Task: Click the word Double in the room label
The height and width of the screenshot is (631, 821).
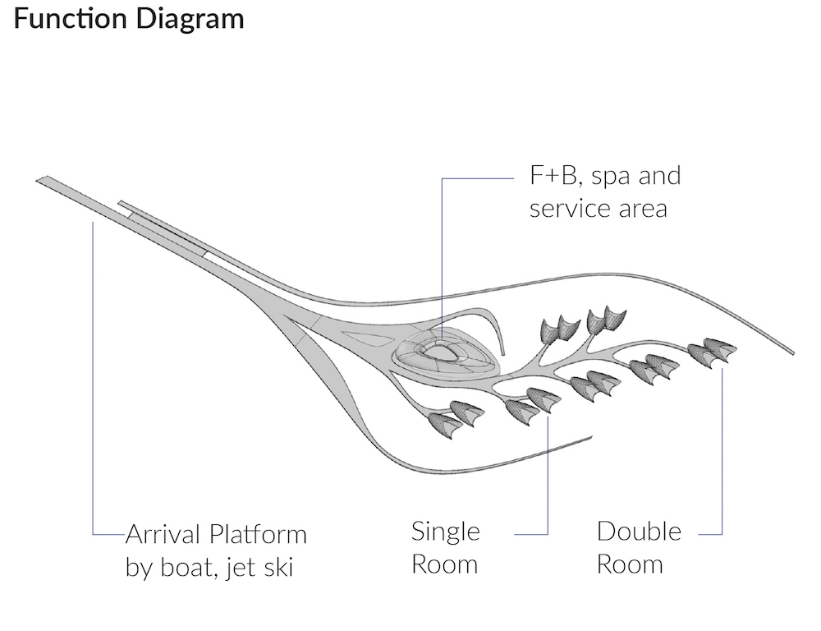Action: pyautogui.click(x=639, y=532)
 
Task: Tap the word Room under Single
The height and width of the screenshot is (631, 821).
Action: pyautogui.click(x=444, y=564)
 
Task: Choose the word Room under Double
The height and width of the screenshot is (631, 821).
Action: pyautogui.click(x=630, y=564)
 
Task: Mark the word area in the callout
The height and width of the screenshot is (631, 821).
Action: pyautogui.click(x=644, y=209)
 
